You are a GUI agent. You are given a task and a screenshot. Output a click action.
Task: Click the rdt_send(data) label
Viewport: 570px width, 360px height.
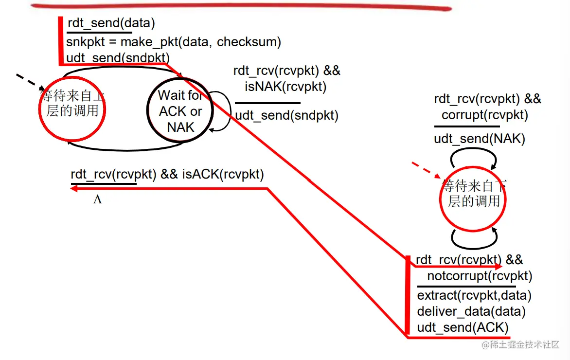(111, 23)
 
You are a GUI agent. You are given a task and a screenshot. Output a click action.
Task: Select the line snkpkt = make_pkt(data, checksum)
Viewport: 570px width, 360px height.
(174, 42)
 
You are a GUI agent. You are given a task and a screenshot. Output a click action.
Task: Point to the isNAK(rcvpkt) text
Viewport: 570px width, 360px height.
(285, 87)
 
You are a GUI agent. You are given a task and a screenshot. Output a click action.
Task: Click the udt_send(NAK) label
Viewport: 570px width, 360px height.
(480, 139)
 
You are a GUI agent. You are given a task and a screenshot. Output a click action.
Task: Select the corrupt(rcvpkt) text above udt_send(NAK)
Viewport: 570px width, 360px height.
(484, 115)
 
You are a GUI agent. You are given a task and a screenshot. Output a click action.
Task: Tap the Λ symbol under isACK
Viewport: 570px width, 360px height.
(97, 199)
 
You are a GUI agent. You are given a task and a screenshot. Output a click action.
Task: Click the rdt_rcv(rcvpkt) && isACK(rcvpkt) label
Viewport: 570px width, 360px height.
(167, 174)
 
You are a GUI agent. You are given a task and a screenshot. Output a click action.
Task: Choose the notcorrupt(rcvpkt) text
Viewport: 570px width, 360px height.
(480, 276)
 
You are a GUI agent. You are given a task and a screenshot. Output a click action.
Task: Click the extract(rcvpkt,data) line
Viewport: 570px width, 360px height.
(474, 295)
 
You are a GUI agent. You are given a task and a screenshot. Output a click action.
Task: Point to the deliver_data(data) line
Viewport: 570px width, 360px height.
(471, 311)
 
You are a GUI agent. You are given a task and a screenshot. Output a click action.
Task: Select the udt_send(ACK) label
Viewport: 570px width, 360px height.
(463, 327)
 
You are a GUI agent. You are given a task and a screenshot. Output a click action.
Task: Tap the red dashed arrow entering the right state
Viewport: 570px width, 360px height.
(426, 170)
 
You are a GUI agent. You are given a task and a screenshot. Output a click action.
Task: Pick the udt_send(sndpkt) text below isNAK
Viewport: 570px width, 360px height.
(287, 116)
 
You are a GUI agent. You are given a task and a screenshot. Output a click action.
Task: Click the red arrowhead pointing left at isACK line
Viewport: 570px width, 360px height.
(76, 189)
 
